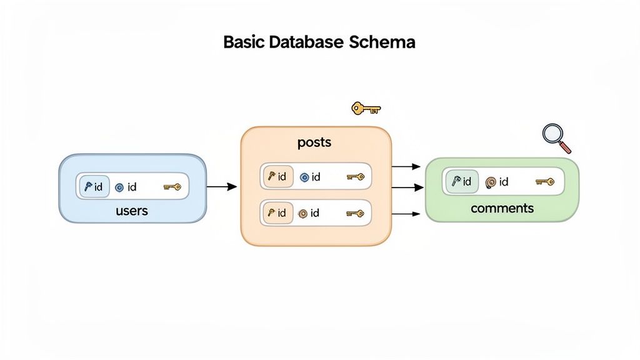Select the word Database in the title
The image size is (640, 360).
click(300, 42)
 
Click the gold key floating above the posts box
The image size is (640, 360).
click(366, 109)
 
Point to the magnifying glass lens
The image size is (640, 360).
click(552, 134)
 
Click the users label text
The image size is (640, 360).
click(132, 211)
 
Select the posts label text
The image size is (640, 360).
click(314, 142)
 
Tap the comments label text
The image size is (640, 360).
click(502, 208)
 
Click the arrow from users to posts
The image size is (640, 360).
click(221, 186)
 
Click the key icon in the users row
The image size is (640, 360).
click(172, 187)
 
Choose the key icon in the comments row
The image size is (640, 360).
click(544, 182)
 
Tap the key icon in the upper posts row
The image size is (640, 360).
click(355, 177)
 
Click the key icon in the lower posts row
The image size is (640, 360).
click(355, 213)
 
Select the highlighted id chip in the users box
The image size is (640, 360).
click(94, 186)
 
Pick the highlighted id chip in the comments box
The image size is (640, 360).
click(461, 181)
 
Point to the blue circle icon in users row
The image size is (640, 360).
click(119, 187)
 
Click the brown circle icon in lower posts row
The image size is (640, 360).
click(303, 213)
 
